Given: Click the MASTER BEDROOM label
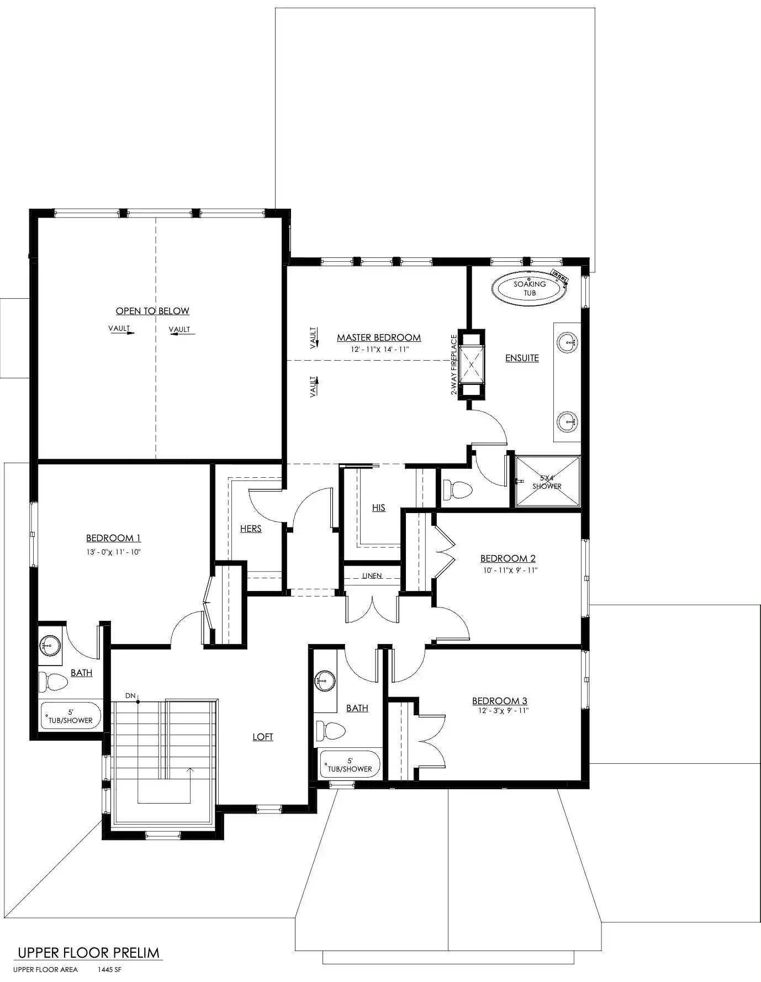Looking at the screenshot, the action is tap(379, 337).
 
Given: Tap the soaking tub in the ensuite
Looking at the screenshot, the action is tap(530, 288).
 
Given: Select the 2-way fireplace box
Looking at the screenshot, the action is tap(472, 364).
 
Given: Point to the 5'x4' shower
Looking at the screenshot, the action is tap(547, 481).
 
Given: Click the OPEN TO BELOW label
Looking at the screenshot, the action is tap(152, 311).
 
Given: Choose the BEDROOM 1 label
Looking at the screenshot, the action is tap(113, 538).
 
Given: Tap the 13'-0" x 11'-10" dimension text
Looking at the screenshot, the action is tap(113, 552).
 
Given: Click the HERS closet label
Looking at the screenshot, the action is tap(251, 529).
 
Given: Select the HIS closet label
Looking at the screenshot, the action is tap(379, 508).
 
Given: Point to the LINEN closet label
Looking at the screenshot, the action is tap(372, 576).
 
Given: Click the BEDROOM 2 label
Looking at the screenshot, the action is tap(508, 558).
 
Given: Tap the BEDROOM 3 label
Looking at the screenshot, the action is tap(500, 701).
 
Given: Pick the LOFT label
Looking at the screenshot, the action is tap(263, 737).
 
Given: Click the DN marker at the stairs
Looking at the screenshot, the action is tap(130, 696).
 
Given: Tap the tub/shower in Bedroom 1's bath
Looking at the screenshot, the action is tap(70, 716).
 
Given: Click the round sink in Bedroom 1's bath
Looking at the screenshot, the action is tap(50, 645).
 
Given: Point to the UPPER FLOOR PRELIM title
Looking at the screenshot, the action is tap(89, 952).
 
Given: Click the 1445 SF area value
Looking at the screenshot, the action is tap(109, 969).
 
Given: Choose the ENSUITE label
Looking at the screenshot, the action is tap(522, 358).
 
